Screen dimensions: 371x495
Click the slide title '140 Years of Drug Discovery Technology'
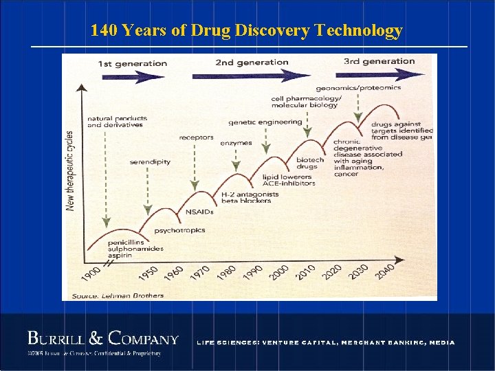coord(247,30)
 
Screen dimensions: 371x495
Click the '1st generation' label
coord(133,64)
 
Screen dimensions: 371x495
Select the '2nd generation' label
coord(252,63)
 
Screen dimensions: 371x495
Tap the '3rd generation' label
coord(379,61)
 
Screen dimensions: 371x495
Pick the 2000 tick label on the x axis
coord(279,272)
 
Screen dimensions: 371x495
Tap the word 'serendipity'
coord(150,162)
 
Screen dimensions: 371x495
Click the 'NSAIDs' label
coord(199,212)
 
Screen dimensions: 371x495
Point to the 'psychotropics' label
coord(179,230)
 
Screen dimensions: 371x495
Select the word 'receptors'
coord(196,137)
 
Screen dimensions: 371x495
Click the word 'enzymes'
coord(236,143)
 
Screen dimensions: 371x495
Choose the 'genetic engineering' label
coord(265,122)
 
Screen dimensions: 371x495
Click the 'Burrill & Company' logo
coord(102,339)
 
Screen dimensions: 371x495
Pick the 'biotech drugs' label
coord(309,164)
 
